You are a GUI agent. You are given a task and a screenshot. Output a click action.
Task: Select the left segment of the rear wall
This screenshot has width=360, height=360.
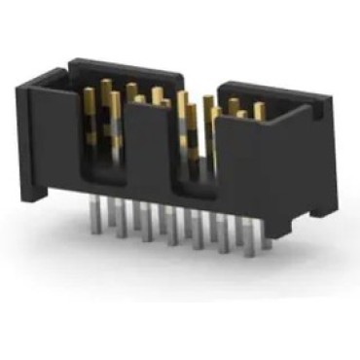[126, 72]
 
